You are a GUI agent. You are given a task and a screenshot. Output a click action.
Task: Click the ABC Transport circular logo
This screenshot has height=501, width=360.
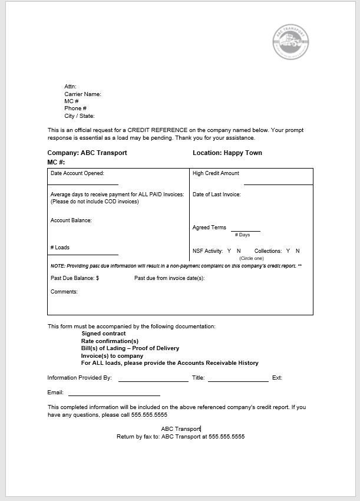pos(290,42)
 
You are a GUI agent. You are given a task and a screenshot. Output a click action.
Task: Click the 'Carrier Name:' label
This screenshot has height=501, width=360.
pos(82,94)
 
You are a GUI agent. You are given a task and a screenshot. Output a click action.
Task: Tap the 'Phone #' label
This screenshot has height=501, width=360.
pos(75,108)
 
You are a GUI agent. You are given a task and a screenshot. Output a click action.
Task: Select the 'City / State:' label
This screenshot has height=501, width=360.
pos(80,116)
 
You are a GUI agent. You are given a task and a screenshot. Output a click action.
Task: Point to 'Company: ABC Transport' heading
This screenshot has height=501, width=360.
pos(87,153)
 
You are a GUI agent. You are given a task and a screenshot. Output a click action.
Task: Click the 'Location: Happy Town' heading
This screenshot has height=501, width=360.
pos(227,153)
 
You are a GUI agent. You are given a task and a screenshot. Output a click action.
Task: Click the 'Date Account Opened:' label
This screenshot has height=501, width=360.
pos(77,173)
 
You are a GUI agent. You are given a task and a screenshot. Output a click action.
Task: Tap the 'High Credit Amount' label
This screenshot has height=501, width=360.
pos(216,173)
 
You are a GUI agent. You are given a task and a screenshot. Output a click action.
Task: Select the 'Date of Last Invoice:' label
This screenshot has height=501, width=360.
pos(216,195)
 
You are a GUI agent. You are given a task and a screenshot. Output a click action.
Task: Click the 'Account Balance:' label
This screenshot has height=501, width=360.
pos(71,220)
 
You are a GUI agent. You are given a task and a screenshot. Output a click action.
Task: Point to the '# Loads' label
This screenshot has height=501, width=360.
pos(60,248)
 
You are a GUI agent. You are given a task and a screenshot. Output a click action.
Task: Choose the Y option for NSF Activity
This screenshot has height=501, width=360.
pos(229,251)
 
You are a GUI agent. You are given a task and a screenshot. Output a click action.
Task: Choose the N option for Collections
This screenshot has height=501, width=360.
pos(298,251)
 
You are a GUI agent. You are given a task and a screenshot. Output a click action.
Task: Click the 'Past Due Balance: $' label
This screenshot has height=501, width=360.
pos(75,278)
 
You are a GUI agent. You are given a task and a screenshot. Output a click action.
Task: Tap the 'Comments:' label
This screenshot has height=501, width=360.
pos(64,292)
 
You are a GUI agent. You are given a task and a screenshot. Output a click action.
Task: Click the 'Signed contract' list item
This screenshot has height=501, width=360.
pos(104,334)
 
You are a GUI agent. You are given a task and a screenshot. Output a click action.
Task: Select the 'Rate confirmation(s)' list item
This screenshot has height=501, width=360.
pos(110,341)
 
